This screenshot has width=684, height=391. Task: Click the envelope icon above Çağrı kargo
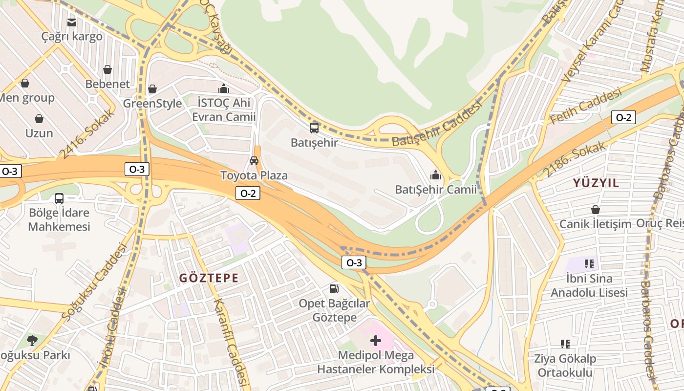click(72, 22)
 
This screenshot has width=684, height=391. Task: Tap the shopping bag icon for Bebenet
click(107, 69)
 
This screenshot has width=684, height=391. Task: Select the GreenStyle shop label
click(152, 104)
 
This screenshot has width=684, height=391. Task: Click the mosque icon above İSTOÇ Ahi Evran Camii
click(224, 88)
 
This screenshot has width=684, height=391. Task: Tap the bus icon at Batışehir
click(314, 128)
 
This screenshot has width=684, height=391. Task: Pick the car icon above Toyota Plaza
click(254, 161)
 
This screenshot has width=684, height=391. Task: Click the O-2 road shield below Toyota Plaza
click(248, 193)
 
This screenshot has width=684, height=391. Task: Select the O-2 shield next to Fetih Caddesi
click(623, 117)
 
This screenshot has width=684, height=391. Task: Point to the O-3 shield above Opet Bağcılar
click(354, 262)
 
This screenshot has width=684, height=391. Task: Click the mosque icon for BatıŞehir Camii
click(435, 175)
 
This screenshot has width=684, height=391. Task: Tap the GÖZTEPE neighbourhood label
click(209, 278)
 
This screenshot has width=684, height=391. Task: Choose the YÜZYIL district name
click(596, 183)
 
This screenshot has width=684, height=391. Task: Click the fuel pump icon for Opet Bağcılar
click(334, 289)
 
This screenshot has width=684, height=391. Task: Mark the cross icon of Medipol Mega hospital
click(375, 340)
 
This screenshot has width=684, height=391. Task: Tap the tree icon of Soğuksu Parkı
click(32, 340)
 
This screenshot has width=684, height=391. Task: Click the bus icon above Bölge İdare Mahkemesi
click(59, 198)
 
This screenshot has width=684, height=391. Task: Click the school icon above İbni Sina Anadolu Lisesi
click(589, 264)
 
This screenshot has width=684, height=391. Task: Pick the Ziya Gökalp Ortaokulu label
click(565, 366)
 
